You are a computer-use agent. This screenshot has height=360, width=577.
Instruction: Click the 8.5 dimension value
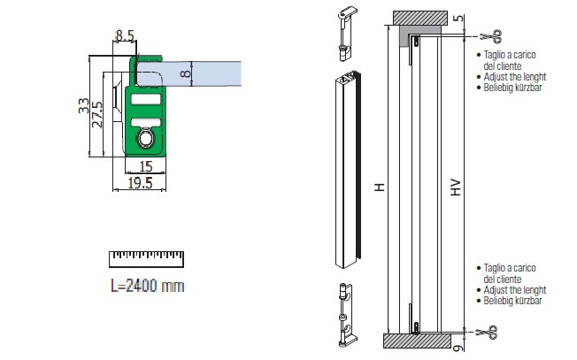(124, 36)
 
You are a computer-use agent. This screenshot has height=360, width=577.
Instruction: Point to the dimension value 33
(82, 106)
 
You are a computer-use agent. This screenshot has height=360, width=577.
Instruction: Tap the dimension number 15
(146, 166)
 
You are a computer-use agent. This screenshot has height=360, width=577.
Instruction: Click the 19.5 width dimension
(136, 182)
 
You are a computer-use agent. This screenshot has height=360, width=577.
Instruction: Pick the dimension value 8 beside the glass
(184, 73)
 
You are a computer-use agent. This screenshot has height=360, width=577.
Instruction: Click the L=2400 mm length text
(146, 285)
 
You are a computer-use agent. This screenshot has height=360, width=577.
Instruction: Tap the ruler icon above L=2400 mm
(145, 258)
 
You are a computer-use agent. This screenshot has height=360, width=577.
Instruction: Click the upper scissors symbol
(489, 36)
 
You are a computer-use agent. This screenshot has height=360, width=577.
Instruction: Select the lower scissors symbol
(489, 333)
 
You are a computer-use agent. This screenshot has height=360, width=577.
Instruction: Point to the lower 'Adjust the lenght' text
(516, 289)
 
